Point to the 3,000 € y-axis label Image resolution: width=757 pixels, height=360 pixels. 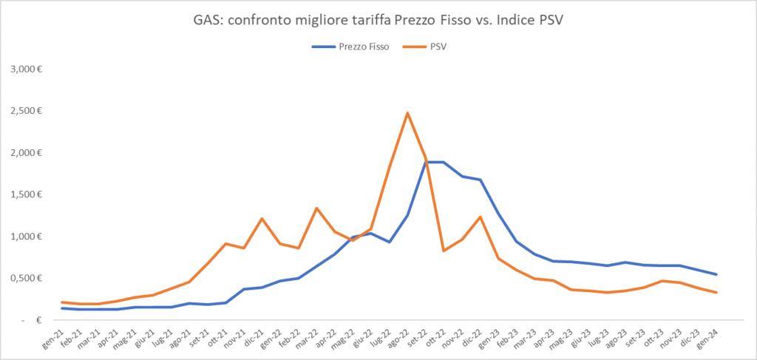tap(26, 69)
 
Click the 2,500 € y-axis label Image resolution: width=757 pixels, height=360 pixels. tap(26, 111)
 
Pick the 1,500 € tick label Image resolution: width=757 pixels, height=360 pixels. tap(26, 194)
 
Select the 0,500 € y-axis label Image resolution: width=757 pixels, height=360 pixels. tap(26, 278)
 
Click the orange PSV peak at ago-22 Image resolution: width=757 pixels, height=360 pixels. tap(407, 113)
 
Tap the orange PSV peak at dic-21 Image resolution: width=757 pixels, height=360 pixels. tap(262, 219)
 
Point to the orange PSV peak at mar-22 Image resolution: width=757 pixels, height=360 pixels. tap(316, 208)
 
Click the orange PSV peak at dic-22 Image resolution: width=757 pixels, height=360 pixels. tap(481, 217)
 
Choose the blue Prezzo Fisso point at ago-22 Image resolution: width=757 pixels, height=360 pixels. tap(407, 215)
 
